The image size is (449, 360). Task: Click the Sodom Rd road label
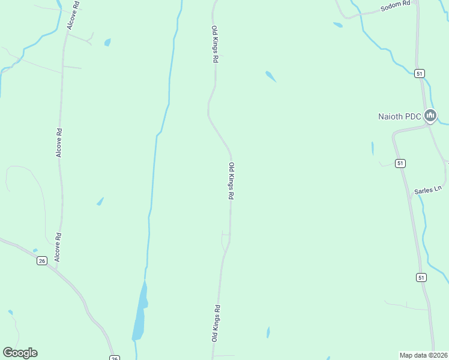tap(396, 7)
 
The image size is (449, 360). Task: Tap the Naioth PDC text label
tap(400, 116)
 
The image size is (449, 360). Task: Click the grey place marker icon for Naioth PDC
tap(430, 115)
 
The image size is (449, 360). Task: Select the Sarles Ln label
tap(427, 190)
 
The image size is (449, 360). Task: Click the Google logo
tap(20, 352)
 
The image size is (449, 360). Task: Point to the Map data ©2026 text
tap(423, 355)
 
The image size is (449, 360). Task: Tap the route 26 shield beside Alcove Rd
tap(41, 260)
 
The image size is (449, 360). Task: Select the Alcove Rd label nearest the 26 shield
tap(59, 247)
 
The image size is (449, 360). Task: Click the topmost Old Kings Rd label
tap(214, 44)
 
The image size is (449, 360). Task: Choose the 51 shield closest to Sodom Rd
tap(419, 73)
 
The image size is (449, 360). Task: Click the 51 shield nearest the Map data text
tap(421, 277)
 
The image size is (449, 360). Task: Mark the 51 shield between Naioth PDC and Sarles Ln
tap(400, 163)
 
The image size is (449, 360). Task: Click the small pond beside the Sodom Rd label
tap(338, 25)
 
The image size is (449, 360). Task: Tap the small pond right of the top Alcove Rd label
tap(107, 43)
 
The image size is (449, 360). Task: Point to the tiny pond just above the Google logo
tap(10, 312)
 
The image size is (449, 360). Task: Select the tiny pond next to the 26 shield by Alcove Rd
tap(35, 250)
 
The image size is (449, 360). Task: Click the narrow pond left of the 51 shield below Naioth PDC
tap(373, 148)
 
